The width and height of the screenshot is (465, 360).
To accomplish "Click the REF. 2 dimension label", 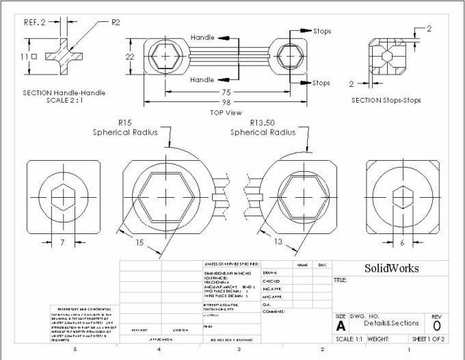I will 36,22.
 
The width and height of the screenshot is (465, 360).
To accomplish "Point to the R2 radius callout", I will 116,22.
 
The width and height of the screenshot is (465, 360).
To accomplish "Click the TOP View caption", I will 227,112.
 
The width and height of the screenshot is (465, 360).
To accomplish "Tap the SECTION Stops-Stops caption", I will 386,100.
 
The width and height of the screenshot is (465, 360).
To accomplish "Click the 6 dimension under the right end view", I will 401,242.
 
